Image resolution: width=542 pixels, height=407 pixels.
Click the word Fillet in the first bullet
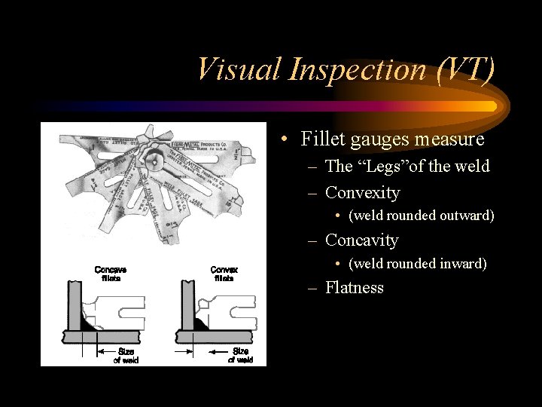tap(322, 139)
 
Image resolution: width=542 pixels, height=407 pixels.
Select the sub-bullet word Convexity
tap(362, 193)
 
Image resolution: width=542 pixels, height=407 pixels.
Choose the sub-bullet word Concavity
tap(362, 240)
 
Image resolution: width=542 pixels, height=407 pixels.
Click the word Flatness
tap(355, 288)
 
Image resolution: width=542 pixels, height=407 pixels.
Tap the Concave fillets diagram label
tap(111, 273)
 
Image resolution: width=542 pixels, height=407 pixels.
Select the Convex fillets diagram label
tap(224, 273)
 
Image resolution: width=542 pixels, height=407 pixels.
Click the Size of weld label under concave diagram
tap(126, 356)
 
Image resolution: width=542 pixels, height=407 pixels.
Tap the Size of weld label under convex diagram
tap(240, 356)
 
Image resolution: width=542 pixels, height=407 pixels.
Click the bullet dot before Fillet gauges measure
tap(280, 140)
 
